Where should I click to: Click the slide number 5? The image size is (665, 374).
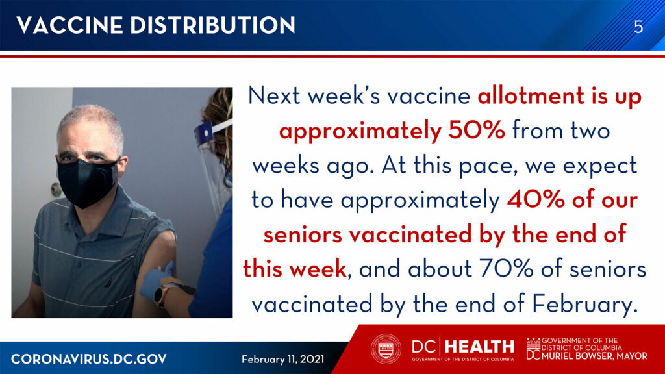coord(638,27)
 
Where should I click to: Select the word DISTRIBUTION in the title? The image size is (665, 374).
coord(213,25)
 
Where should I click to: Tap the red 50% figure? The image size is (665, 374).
coord(477,130)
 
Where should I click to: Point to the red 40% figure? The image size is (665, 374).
coord(535,200)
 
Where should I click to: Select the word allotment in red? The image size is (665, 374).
coord(531,96)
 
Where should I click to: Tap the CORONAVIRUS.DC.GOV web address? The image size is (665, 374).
coord(88,359)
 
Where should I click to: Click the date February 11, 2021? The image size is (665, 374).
coord(283,360)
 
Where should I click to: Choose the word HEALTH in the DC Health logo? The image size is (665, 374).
coord(480,347)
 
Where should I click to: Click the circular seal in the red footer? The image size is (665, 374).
coord(386,349)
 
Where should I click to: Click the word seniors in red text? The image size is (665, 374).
coord(303,234)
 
